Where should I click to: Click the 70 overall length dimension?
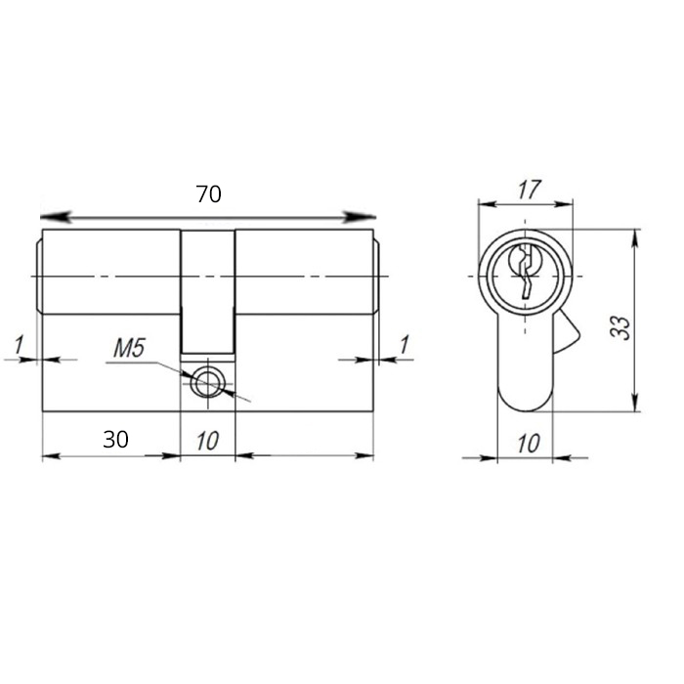(x=208, y=194)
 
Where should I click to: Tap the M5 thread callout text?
(x=129, y=349)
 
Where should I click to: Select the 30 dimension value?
(x=115, y=440)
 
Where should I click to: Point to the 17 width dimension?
(x=529, y=190)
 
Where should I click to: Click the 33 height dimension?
(x=620, y=327)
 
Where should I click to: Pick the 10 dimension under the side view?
(x=207, y=441)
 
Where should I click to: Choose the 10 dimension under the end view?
(x=529, y=444)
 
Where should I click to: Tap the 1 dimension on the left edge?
(x=19, y=345)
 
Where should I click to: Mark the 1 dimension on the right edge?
(x=405, y=345)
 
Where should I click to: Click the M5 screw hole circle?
(x=207, y=383)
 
